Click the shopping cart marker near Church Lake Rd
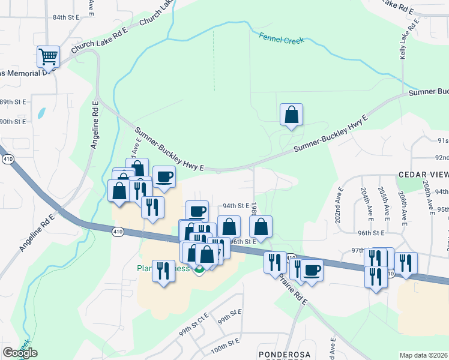coord(48,57)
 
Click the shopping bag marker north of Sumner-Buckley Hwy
coord(291,115)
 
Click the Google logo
coord(20,353)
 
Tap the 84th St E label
coord(66,17)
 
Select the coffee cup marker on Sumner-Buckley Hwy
coord(164,177)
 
